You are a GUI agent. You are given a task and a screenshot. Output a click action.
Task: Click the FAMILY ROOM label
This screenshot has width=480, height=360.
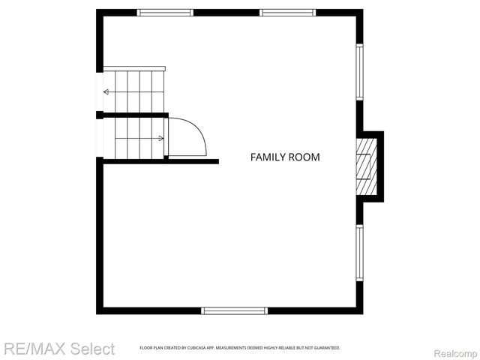click(x=285, y=157)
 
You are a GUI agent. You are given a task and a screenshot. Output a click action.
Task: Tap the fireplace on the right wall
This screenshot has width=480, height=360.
click(x=366, y=166)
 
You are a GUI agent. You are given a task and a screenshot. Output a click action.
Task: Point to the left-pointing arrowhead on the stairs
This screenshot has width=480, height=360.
click(x=106, y=91)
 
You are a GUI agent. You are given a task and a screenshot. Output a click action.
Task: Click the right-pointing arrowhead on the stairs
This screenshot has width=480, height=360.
click(x=161, y=138)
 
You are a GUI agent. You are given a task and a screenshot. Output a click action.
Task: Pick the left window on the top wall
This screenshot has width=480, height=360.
click(x=166, y=12)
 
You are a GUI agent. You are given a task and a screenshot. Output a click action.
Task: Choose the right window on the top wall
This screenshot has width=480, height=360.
click(x=287, y=12)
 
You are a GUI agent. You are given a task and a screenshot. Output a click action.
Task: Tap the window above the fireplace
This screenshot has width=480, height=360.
click(x=359, y=72)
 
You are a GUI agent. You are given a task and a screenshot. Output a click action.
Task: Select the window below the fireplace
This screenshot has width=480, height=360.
click(x=359, y=253)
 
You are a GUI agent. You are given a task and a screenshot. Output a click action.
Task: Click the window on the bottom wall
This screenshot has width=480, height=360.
click(x=235, y=310)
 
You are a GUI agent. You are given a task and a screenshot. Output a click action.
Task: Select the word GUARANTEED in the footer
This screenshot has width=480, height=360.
click(x=328, y=348)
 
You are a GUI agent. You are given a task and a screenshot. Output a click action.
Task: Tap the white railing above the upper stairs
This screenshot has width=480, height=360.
click(x=133, y=68)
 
